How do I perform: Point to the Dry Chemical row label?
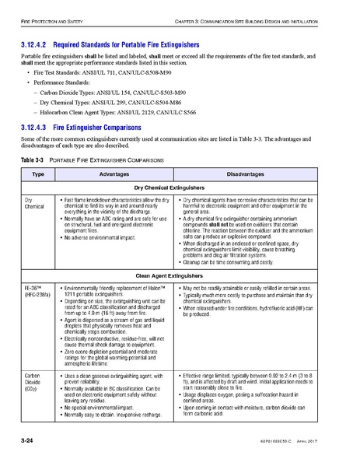[x=33, y=204]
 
